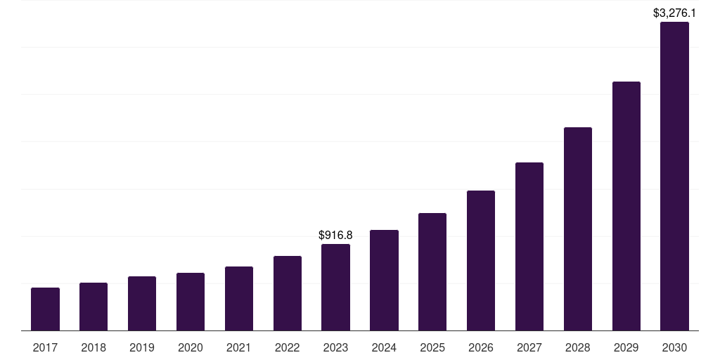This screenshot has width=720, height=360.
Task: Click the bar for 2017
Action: pos(45,309)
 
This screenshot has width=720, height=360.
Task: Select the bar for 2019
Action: pos(142,304)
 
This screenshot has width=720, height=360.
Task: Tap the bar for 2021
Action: pos(239,299)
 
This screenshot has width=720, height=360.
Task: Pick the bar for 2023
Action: pos(335,288)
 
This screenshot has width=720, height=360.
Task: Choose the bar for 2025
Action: pos(432,272)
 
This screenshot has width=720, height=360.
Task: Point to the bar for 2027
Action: pos(529,247)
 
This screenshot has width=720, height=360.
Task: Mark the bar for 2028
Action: pos(578,229)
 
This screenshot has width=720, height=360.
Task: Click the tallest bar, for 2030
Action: pos(674,176)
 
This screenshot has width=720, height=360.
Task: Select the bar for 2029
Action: pos(626,206)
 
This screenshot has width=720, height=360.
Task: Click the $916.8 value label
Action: pos(335,235)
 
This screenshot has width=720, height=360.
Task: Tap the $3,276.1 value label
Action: pos(674,13)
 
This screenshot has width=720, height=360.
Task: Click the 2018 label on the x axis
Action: pos(94,347)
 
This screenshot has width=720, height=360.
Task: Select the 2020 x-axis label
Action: pos(191,347)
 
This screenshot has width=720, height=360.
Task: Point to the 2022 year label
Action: pos(288,347)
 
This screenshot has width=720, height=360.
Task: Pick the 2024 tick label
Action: pos(384,347)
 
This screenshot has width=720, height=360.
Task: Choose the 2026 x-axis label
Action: pos(481,347)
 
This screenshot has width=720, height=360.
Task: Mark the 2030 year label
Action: pos(674,347)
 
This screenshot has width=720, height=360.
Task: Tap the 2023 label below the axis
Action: pos(335,347)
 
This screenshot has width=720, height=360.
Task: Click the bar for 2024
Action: pos(384,281)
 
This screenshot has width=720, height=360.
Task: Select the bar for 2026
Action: pos(481,261)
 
